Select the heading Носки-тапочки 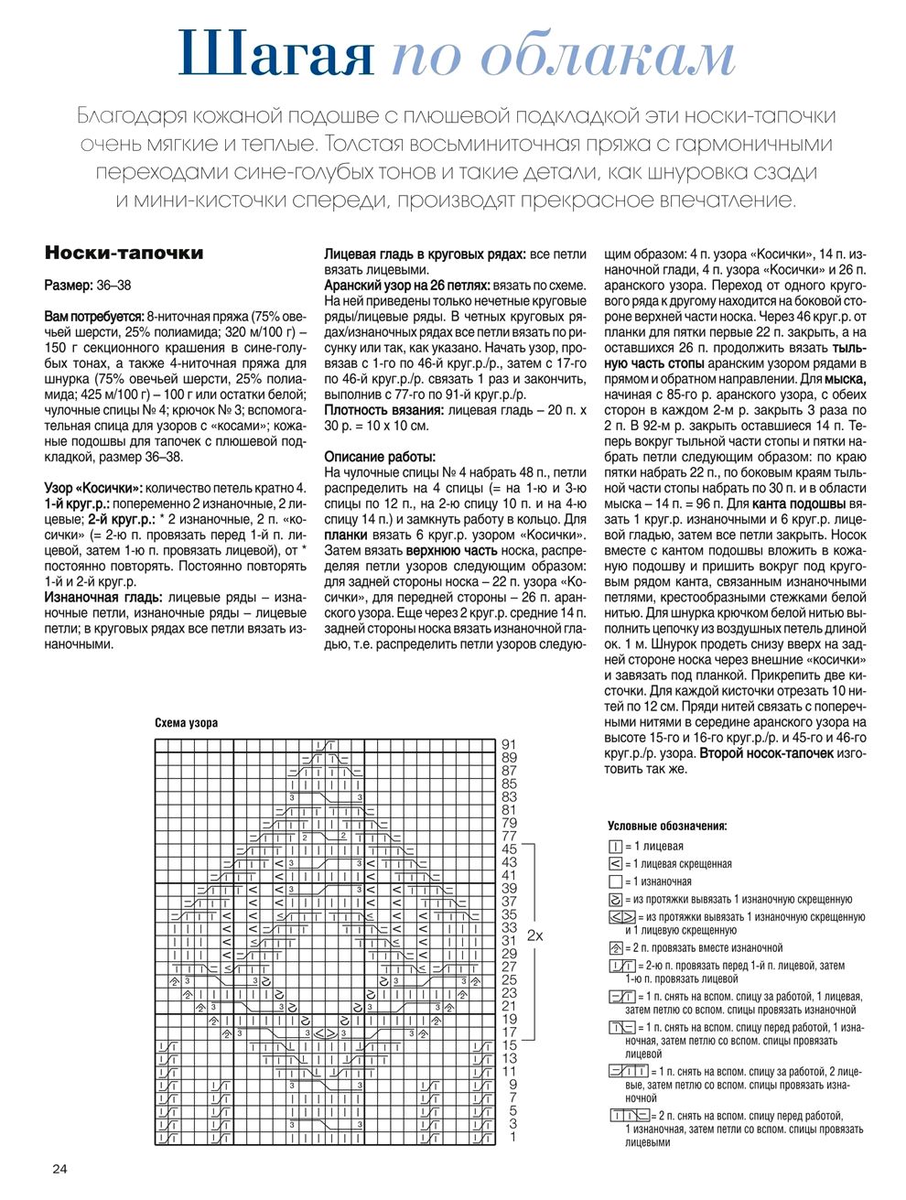click(124, 254)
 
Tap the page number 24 click(59, 1169)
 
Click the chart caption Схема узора click(186, 723)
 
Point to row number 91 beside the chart click(510, 744)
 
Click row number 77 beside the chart click(510, 837)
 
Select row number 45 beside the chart click(510, 849)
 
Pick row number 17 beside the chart click(510, 1032)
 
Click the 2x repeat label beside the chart click(535, 936)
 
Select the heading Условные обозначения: click(667, 827)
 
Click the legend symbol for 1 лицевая click(615, 847)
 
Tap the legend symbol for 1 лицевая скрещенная click(615, 864)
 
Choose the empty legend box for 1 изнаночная click(615, 881)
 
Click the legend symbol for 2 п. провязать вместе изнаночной click(615, 948)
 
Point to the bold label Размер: click(68, 286)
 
